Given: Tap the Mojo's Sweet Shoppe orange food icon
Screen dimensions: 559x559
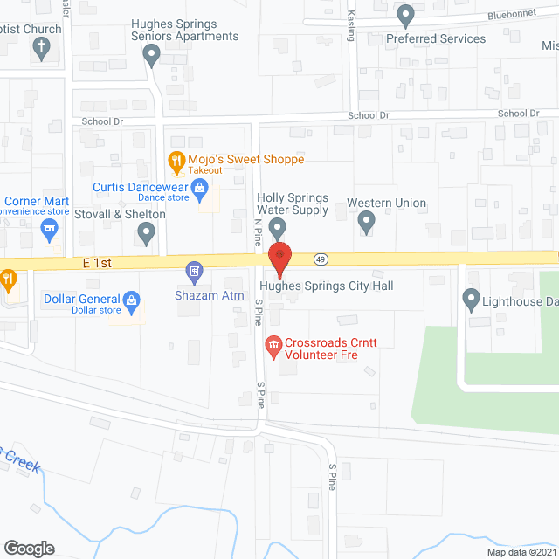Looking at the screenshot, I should coord(176,160).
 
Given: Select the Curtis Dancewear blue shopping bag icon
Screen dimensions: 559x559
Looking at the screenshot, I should coord(199,187).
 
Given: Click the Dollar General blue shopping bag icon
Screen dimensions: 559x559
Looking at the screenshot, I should coord(132,300).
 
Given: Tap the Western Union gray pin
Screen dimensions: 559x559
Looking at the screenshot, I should coord(367,222).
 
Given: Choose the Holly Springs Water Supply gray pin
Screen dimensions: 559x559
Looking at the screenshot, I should coord(278,229).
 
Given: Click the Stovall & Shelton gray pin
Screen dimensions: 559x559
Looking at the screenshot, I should coord(147,232).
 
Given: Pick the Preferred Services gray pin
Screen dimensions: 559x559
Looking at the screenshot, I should coord(405,15).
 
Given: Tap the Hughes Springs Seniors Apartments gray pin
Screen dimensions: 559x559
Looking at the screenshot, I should coord(151,57).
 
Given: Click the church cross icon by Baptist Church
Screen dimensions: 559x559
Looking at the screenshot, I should coord(41,50).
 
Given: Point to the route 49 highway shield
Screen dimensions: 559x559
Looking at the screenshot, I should coord(321,259).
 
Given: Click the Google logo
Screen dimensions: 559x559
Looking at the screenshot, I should coord(29,548).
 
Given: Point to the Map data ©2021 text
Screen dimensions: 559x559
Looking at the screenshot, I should coord(520,552).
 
